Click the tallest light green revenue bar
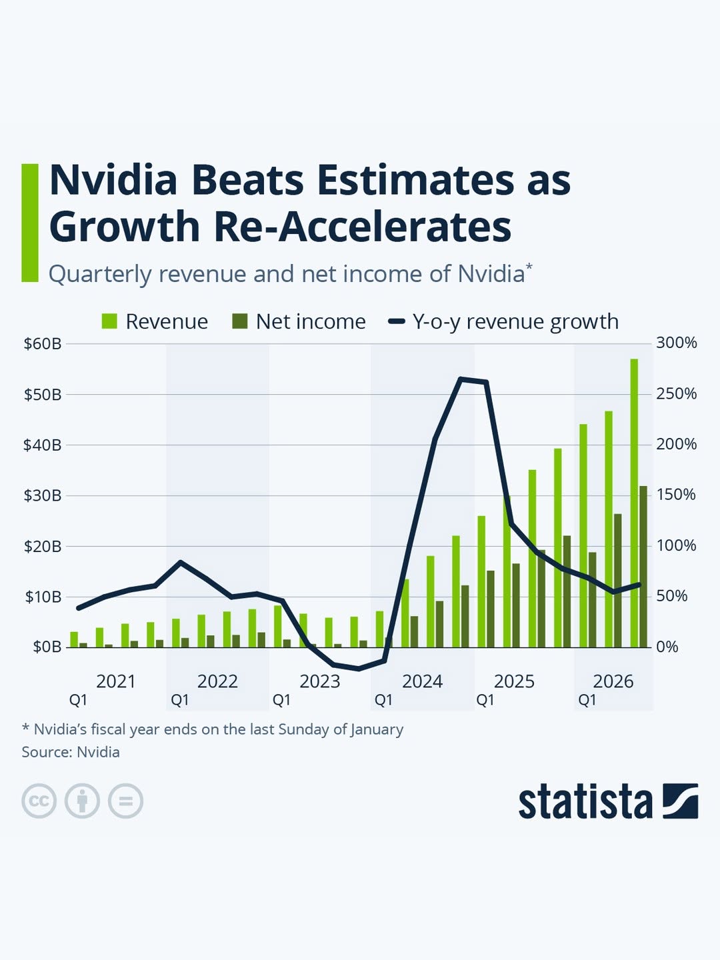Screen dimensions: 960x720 [x=634, y=503]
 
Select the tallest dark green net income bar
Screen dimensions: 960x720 [x=643, y=567]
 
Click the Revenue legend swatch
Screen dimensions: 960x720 [x=109, y=321]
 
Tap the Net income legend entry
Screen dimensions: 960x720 [x=310, y=321]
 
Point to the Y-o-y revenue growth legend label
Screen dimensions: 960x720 [x=515, y=321]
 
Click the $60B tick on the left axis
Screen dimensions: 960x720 [x=43, y=344]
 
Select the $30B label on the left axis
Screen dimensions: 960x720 [x=43, y=495]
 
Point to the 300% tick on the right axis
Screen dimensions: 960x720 [x=676, y=343]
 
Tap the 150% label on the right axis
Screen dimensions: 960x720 [x=676, y=495]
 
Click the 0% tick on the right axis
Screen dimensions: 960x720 [x=667, y=647]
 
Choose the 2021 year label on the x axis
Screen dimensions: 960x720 [x=115, y=681]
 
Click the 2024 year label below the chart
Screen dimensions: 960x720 [x=422, y=681]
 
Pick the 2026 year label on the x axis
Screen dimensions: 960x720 [x=613, y=681]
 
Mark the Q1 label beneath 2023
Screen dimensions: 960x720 [x=281, y=700]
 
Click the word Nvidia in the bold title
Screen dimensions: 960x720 [x=113, y=180]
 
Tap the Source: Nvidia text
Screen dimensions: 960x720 [x=71, y=752]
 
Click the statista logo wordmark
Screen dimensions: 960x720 [x=585, y=801]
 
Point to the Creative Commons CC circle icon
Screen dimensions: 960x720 [x=39, y=801]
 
